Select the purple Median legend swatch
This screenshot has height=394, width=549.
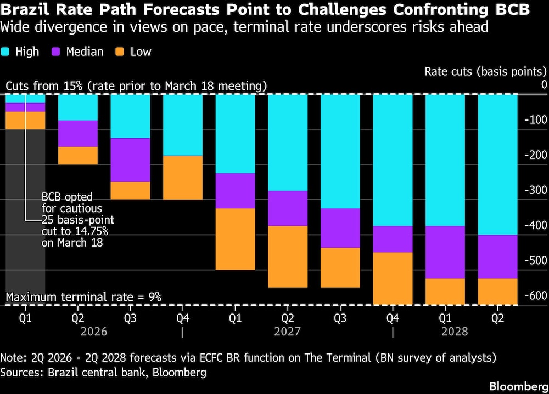coord(55,52)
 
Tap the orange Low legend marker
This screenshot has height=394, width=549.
coord(119,52)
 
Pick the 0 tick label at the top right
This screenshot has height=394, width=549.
coord(544,84)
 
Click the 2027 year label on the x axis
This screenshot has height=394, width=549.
coord(287,332)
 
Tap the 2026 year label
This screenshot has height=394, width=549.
coord(94,332)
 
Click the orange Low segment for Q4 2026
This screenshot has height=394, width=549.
coord(183,178)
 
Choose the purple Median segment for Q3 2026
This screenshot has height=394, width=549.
coord(130,160)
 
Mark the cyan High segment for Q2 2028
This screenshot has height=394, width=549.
coord(497,164)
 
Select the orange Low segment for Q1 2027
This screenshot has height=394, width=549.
coord(235,239)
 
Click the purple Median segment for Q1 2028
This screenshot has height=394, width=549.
coord(445,252)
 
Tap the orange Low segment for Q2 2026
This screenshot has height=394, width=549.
coord(78,156)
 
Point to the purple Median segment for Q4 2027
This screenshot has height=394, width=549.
coord(393,239)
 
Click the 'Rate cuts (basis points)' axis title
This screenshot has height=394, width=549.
coord(486,71)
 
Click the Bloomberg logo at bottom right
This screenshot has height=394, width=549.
coord(516,383)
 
